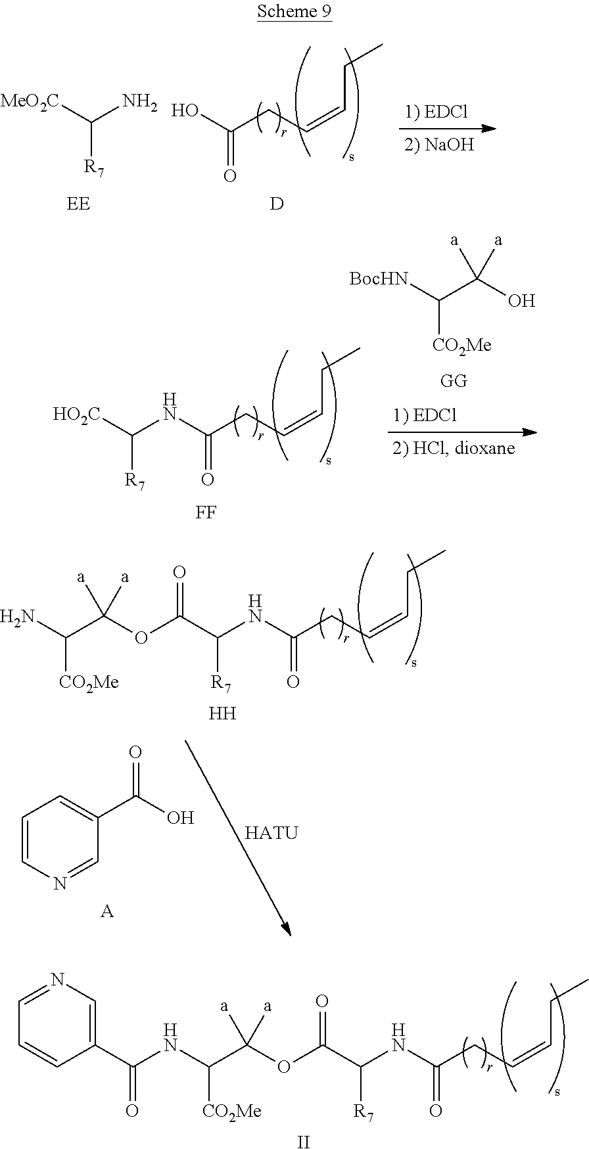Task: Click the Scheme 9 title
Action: [x=294, y=11]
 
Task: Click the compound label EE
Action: [x=78, y=204]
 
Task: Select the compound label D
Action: [x=276, y=204]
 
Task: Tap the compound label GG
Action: [x=454, y=380]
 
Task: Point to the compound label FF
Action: [x=206, y=512]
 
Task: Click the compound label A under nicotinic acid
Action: [x=106, y=911]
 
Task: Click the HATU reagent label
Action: [x=271, y=833]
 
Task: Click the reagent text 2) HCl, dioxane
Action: [x=454, y=449]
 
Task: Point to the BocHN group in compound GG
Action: [x=378, y=280]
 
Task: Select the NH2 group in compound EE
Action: [x=139, y=102]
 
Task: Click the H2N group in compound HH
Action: [x=17, y=616]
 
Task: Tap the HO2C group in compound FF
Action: [x=77, y=414]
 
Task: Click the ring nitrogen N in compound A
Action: [x=60, y=884]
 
